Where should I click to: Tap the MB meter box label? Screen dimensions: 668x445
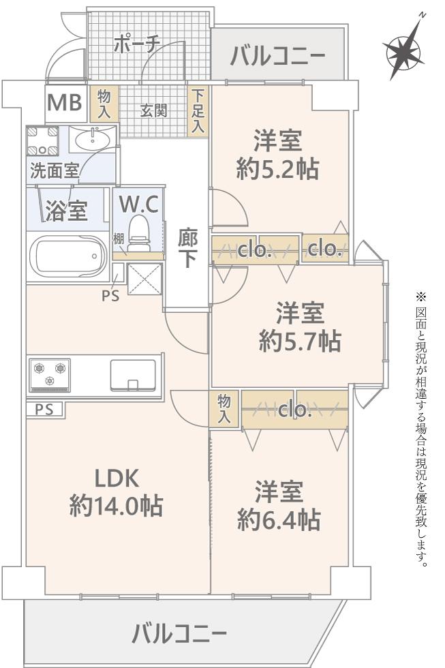[x=65, y=104]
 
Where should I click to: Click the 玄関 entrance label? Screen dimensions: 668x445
[x=153, y=110]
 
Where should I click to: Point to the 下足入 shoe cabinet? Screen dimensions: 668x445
[x=198, y=110]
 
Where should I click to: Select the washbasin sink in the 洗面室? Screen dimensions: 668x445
[x=92, y=141]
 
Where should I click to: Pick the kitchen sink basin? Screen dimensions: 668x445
[x=132, y=374]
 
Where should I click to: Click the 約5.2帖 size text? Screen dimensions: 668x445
[x=277, y=168]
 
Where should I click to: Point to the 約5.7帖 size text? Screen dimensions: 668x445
[x=299, y=340]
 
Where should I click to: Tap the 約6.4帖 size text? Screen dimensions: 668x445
[x=279, y=520]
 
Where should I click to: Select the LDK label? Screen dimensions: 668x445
[x=117, y=479]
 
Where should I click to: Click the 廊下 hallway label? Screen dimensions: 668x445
[x=188, y=249]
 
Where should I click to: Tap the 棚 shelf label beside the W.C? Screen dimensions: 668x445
[x=119, y=239]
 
